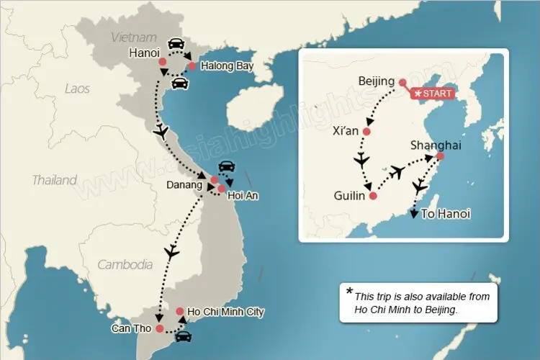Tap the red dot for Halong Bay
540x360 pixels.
click(x=192, y=66)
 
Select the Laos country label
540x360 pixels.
click(x=77, y=89)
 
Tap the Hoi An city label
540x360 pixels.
click(x=243, y=195)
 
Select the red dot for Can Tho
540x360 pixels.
click(x=159, y=329)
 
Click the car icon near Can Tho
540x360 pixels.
click(x=184, y=336)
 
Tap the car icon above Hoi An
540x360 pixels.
click(x=225, y=166)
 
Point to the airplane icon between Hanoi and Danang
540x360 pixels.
click(x=161, y=132)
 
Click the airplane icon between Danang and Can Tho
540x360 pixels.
click(x=171, y=252)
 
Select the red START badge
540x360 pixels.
click(x=431, y=94)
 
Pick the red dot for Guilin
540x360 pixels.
click(x=372, y=194)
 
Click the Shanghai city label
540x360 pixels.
click(x=435, y=145)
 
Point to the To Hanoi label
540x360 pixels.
click(x=446, y=214)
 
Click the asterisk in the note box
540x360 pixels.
click(x=350, y=292)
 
